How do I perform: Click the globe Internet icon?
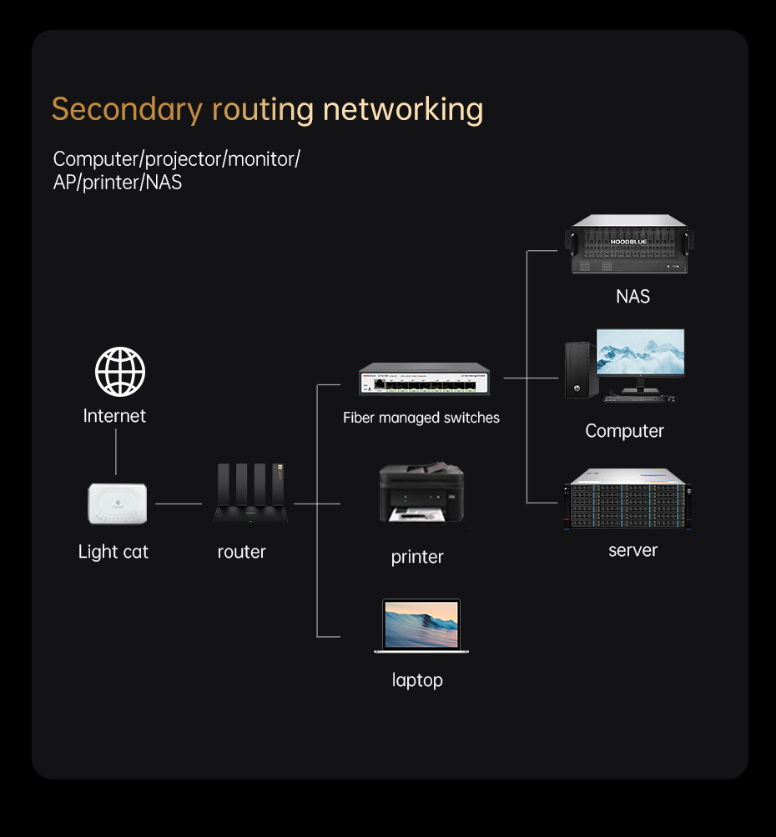pos(120,372)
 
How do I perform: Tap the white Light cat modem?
pos(117,504)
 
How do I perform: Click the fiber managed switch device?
pos(425,380)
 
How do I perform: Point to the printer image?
pos(421,493)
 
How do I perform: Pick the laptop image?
pos(421,625)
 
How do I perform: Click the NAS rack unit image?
pos(629,245)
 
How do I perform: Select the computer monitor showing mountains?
pos(640,353)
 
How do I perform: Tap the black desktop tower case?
pos(580,370)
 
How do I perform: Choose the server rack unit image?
pos(626,499)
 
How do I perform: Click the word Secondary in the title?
pos(127,109)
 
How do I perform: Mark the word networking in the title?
pos(402,109)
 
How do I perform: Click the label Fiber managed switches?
pos(421,418)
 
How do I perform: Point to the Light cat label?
pos(113,552)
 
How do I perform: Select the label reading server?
pos(632,550)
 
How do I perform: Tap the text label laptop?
pos(417,680)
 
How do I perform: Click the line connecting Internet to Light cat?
pos(116,454)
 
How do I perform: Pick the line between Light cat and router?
pos(179,504)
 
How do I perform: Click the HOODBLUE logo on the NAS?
pos(628,242)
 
